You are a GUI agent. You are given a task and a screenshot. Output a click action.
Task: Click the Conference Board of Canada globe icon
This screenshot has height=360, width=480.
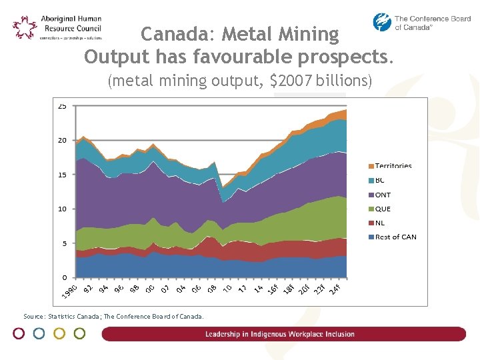382,23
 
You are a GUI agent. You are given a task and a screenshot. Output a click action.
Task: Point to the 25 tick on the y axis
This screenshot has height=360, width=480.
62,106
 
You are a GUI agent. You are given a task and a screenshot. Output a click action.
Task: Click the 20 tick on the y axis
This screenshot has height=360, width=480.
62,141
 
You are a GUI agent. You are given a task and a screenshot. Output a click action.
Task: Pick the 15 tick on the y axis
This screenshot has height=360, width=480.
62,175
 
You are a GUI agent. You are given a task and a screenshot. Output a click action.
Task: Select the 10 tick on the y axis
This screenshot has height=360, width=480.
62,209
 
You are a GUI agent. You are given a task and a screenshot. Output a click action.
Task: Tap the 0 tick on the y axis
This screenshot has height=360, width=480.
64,277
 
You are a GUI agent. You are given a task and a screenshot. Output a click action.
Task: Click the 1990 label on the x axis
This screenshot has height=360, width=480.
69,291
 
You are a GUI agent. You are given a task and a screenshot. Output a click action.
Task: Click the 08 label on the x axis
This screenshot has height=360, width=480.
211,289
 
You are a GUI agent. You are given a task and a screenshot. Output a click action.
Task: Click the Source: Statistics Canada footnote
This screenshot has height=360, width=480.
113,317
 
